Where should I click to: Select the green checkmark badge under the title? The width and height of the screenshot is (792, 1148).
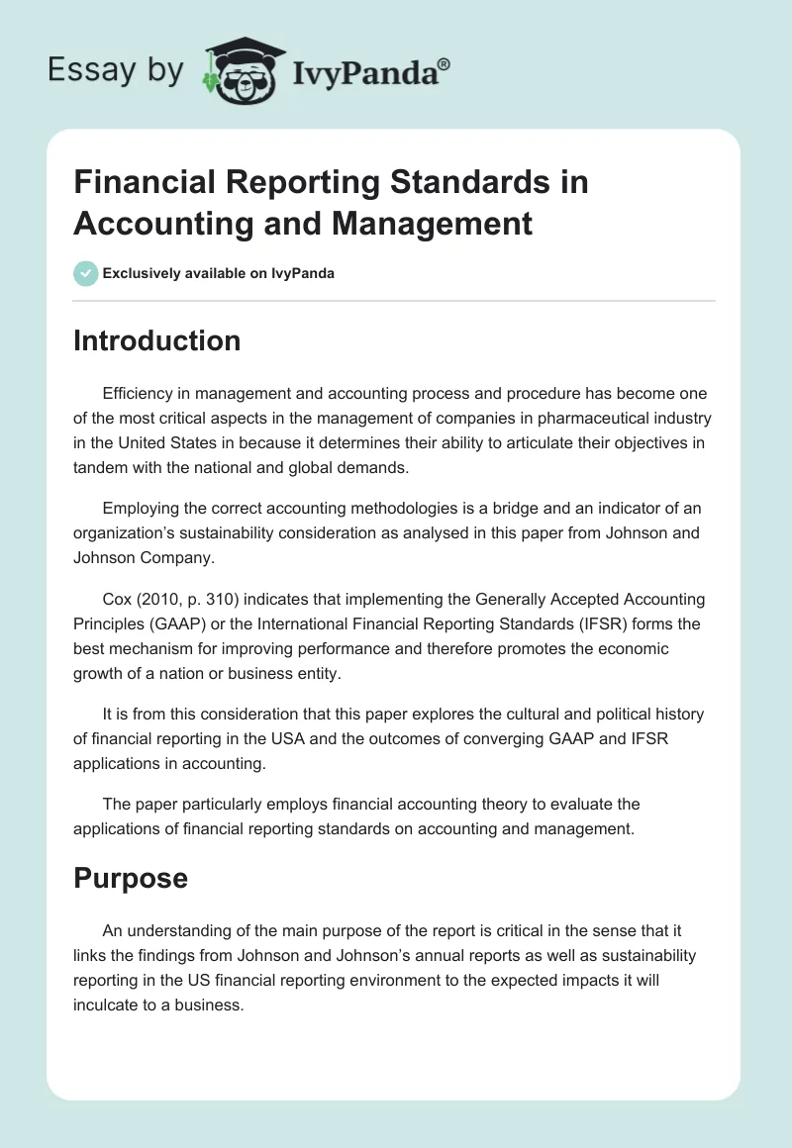86,273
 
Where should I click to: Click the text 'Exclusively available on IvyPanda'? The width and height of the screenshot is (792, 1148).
219,273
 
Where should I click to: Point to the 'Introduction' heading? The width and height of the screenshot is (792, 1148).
156,340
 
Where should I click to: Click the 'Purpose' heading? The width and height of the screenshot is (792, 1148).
131,878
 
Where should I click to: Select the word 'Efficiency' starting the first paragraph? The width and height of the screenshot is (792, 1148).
138,394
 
